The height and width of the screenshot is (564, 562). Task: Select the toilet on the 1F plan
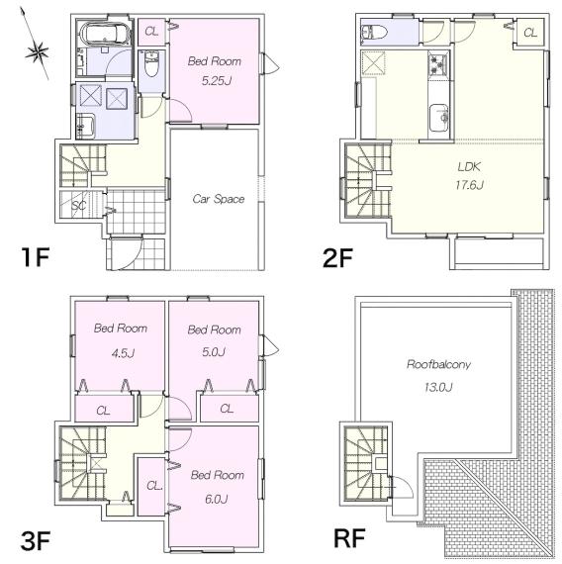pos(151,63)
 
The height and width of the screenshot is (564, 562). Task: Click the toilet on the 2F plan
pos(374,33)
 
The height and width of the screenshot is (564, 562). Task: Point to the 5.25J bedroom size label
pos(217,81)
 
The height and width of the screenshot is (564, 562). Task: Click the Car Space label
pos(219,199)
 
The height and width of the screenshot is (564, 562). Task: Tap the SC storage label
pos(79,206)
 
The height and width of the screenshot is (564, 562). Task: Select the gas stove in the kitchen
pos(438,62)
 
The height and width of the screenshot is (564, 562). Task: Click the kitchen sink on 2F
pos(439,118)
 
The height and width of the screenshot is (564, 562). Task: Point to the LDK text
pos(469,166)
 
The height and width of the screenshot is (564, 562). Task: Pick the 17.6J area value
pos(469,185)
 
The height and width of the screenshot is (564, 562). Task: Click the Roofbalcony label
pos(438,364)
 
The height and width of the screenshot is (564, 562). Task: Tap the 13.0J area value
pos(438,387)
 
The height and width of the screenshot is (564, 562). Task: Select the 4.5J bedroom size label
pos(123,353)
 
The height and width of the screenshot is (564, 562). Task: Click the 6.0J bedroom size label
pos(216,499)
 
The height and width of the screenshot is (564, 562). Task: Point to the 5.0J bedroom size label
pos(214,352)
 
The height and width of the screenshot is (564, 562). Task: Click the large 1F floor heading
pos(35,257)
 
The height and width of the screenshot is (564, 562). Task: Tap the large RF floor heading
pos(349,537)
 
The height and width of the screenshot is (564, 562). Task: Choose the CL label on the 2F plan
pos(530,33)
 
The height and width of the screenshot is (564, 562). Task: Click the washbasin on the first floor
pos(85,127)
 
